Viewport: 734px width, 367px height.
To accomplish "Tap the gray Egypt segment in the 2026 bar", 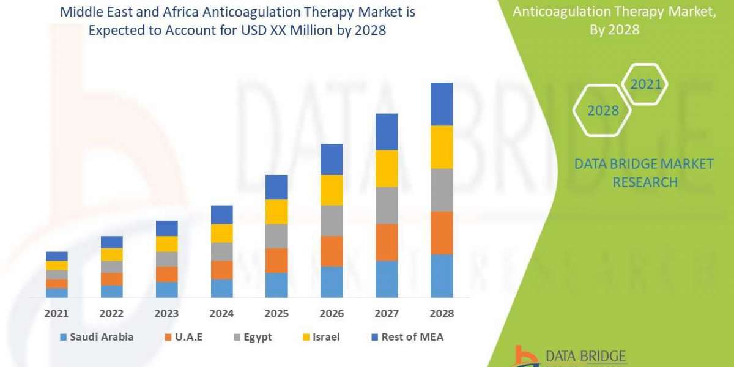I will [x=332, y=220].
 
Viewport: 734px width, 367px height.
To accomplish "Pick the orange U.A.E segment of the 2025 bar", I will [x=276, y=260].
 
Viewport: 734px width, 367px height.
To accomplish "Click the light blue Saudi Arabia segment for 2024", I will [x=221, y=288].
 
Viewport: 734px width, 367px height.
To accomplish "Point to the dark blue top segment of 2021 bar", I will [x=57, y=256].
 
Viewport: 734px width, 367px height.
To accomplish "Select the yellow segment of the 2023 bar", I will [x=166, y=243].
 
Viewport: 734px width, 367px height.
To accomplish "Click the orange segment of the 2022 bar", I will [x=112, y=279].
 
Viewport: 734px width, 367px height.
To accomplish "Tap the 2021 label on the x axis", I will [x=57, y=313].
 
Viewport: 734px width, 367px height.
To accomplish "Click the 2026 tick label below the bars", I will [x=332, y=313].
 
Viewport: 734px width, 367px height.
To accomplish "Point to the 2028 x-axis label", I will [x=442, y=313].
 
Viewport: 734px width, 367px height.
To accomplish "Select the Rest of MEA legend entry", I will [x=407, y=336].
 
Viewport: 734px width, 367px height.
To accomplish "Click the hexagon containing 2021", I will [x=646, y=84].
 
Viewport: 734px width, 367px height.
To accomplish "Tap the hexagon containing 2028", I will [x=602, y=111].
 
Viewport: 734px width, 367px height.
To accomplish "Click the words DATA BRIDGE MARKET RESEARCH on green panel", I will [x=644, y=172].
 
